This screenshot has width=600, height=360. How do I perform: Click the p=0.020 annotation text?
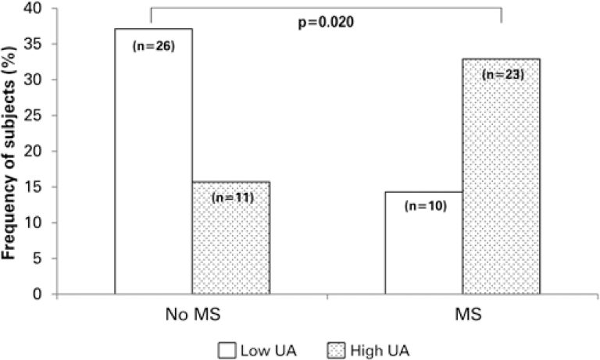click(327, 23)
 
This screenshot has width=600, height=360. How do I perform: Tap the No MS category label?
click(192, 317)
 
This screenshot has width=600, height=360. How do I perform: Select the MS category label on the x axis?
click(462, 317)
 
